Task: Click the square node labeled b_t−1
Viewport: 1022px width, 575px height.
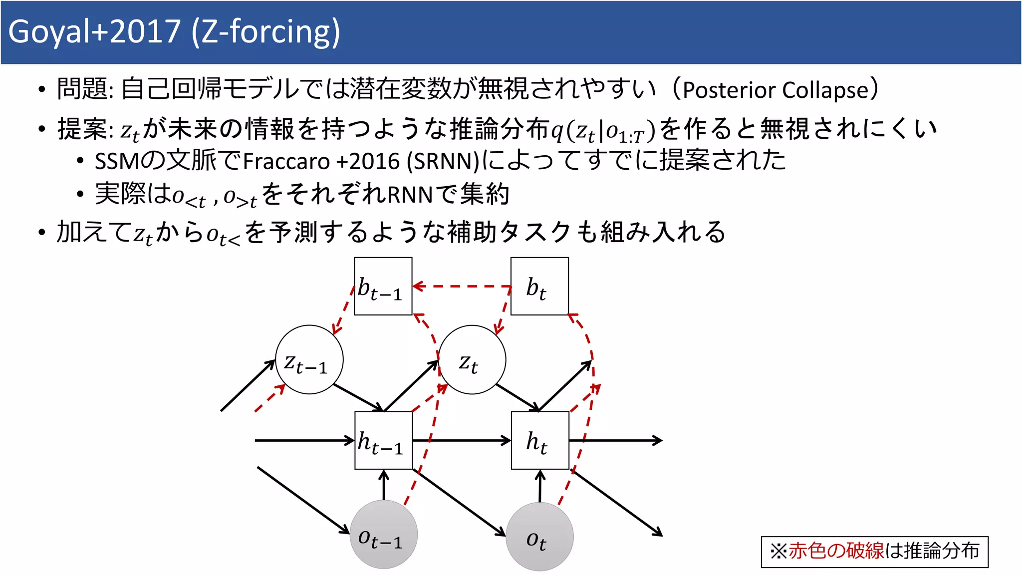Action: coord(383,287)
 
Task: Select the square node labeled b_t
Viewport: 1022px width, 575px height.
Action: coord(539,287)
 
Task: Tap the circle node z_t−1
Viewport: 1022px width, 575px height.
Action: coord(309,360)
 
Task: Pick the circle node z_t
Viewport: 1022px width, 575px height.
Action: coord(472,360)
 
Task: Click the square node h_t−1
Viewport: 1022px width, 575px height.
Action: coord(383,440)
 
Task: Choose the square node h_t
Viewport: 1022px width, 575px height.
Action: coord(540,440)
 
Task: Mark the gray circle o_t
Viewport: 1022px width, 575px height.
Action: coord(539,537)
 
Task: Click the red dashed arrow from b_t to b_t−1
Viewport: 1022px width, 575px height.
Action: coord(462,287)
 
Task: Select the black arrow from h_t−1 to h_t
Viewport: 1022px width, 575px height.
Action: coord(462,440)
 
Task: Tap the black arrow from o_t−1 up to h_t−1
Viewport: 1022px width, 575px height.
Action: coord(384,485)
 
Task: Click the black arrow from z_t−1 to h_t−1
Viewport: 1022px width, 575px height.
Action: coord(358,397)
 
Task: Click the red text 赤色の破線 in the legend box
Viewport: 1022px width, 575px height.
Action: coord(836,551)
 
